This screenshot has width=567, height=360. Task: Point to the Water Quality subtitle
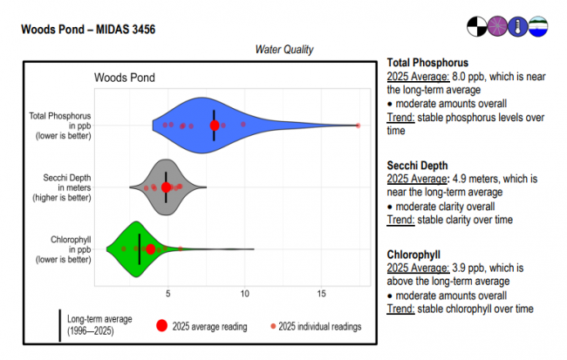(x=284, y=50)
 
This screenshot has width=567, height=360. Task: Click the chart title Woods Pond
(x=120, y=78)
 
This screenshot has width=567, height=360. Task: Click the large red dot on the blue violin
(x=215, y=126)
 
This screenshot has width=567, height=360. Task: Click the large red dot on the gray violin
(x=166, y=187)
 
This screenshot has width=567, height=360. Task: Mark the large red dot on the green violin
(x=150, y=249)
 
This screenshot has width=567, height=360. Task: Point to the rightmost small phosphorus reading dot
(x=358, y=126)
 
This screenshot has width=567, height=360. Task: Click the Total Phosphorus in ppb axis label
(x=62, y=126)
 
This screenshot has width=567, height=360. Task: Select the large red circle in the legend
(x=161, y=326)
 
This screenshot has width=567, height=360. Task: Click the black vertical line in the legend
(x=59, y=325)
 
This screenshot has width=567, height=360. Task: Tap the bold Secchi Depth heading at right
(x=417, y=165)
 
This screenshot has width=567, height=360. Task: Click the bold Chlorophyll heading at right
(x=413, y=254)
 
